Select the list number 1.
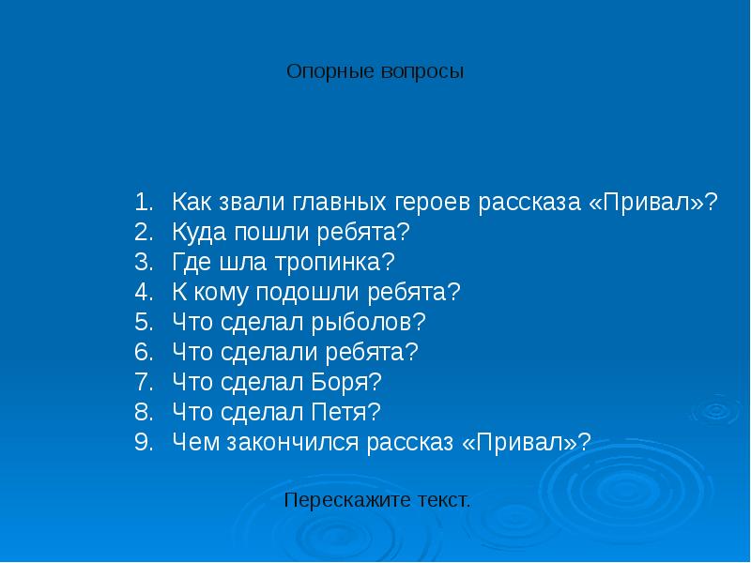pos(143,203)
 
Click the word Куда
pos(198,232)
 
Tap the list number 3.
pos(143,262)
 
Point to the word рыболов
pos(375,323)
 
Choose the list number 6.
pos(143,353)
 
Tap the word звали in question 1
pos(252,203)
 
